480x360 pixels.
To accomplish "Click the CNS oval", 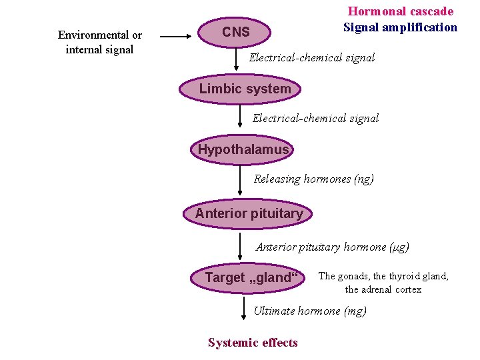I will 236,32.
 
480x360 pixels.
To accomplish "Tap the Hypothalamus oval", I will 243,149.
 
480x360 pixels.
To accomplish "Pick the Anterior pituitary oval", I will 248,213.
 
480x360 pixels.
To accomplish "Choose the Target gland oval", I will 247,277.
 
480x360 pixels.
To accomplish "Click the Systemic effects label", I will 253,343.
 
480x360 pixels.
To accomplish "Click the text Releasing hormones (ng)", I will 313,179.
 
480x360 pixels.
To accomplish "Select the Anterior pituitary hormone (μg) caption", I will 333,247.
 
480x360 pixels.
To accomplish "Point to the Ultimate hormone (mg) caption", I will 310,311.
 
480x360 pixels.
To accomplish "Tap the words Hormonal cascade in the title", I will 401,11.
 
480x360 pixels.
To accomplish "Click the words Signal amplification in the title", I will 400,27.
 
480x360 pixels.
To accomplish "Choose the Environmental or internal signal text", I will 99,42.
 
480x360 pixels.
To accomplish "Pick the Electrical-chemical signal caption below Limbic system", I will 315,118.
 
